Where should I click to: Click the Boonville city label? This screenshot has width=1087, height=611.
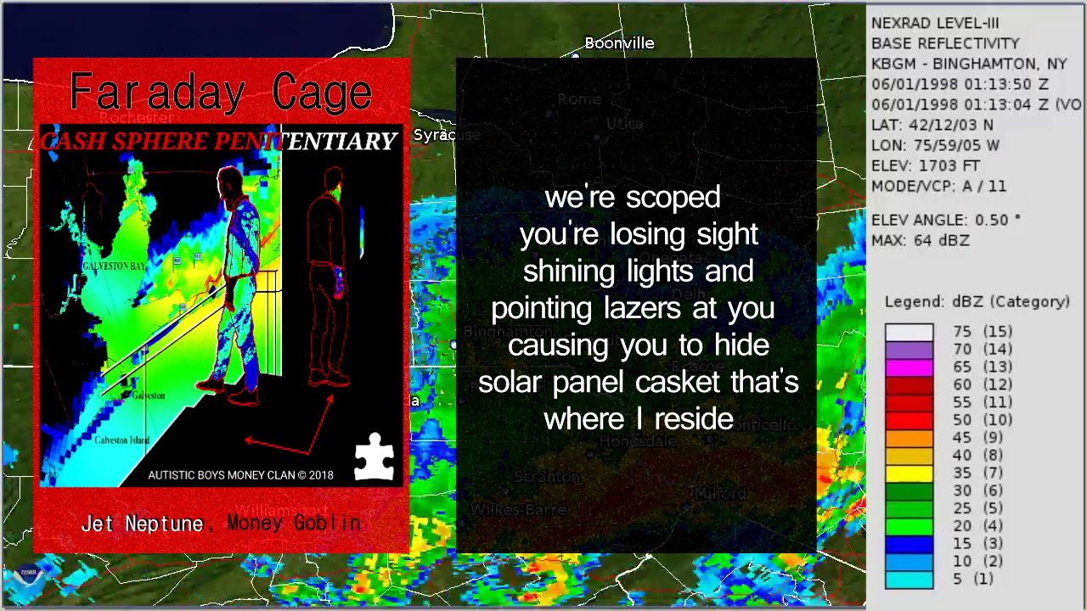click(619, 43)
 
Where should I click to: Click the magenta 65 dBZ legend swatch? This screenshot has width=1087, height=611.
click(909, 367)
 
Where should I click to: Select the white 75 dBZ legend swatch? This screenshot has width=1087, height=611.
click(909, 331)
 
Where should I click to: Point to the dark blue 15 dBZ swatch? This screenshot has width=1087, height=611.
click(909, 543)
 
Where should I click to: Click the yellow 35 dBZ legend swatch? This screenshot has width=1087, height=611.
click(909, 473)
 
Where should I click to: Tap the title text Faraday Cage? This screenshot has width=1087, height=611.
click(221, 92)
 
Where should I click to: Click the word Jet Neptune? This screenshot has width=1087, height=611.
click(142, 524)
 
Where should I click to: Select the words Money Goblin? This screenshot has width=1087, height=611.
click(294, 523)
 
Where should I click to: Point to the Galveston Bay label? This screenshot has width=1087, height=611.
click(114, 266)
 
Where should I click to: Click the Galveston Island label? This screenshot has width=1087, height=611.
click(121, 440)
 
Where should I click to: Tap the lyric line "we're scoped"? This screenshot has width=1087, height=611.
click(633, 198)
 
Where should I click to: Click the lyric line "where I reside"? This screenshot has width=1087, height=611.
click(639, 418)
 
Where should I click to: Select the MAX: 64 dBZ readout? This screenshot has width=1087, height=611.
click(920, 240)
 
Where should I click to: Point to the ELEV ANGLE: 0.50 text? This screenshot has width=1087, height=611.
click(945, 220)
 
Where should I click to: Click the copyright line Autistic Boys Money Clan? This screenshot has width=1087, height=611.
click(240, 475)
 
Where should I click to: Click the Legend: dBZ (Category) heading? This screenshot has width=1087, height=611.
click(977, 301)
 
